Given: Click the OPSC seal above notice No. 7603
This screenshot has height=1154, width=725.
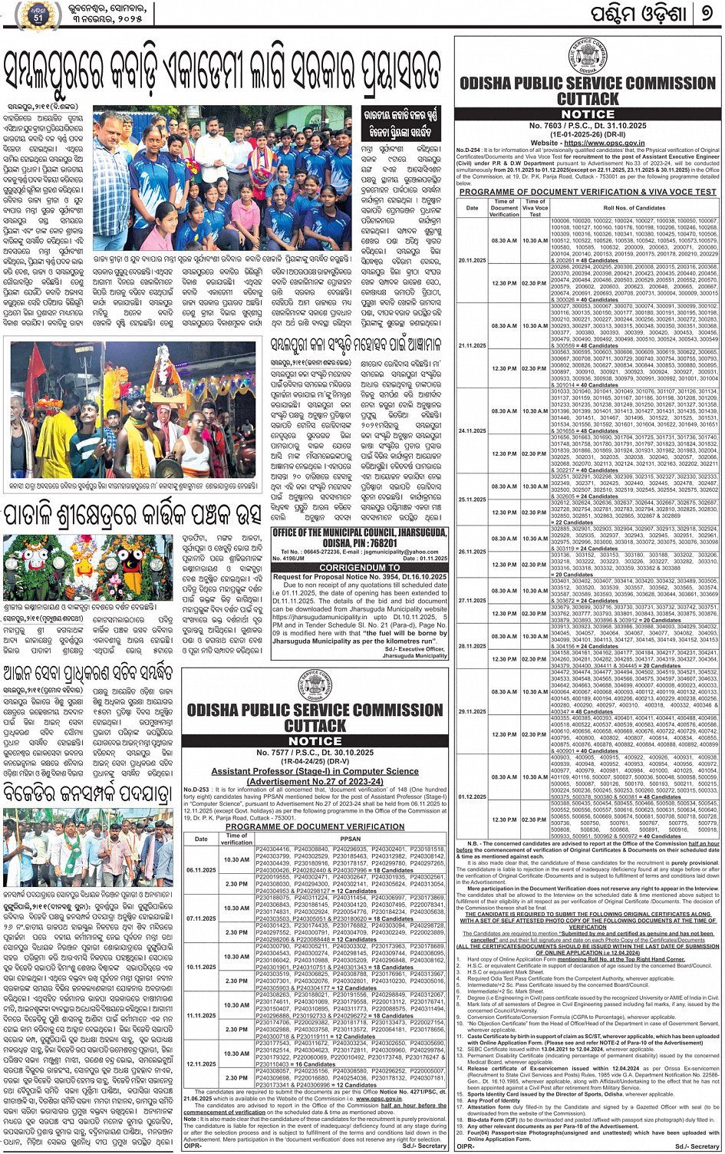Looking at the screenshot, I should tap(588, 56).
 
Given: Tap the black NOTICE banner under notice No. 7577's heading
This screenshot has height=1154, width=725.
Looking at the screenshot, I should tap(315, 741).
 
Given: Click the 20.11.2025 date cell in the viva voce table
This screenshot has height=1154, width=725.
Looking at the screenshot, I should tap(472, 260).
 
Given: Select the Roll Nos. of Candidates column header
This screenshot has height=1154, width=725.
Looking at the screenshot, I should tap(634, 208).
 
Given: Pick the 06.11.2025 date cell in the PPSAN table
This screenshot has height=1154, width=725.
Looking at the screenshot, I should tap(201, 870).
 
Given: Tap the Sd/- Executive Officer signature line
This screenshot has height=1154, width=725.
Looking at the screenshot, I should tap(415, 649).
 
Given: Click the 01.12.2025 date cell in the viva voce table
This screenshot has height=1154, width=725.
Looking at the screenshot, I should tap(472, 796).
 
